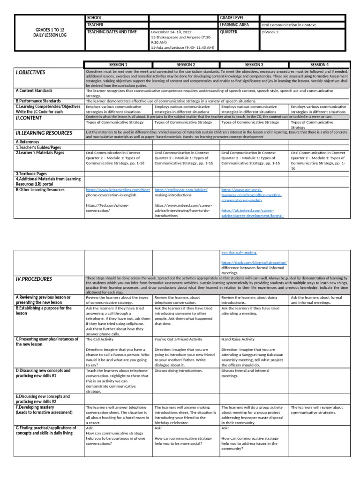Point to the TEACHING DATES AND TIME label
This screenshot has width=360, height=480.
pos(112,32)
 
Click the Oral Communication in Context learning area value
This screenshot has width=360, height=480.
pos(288,25)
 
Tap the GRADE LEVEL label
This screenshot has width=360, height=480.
pos(232,17)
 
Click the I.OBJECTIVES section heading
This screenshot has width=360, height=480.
pos(30,73)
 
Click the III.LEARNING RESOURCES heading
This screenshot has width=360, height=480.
pos(44,133)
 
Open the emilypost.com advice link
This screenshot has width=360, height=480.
pos(180,190)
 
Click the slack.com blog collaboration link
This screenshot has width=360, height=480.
pos(254,262)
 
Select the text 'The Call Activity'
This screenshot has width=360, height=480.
pos(100,338)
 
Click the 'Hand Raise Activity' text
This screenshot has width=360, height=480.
pos(238,338)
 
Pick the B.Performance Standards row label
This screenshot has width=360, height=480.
pos(38,101)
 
